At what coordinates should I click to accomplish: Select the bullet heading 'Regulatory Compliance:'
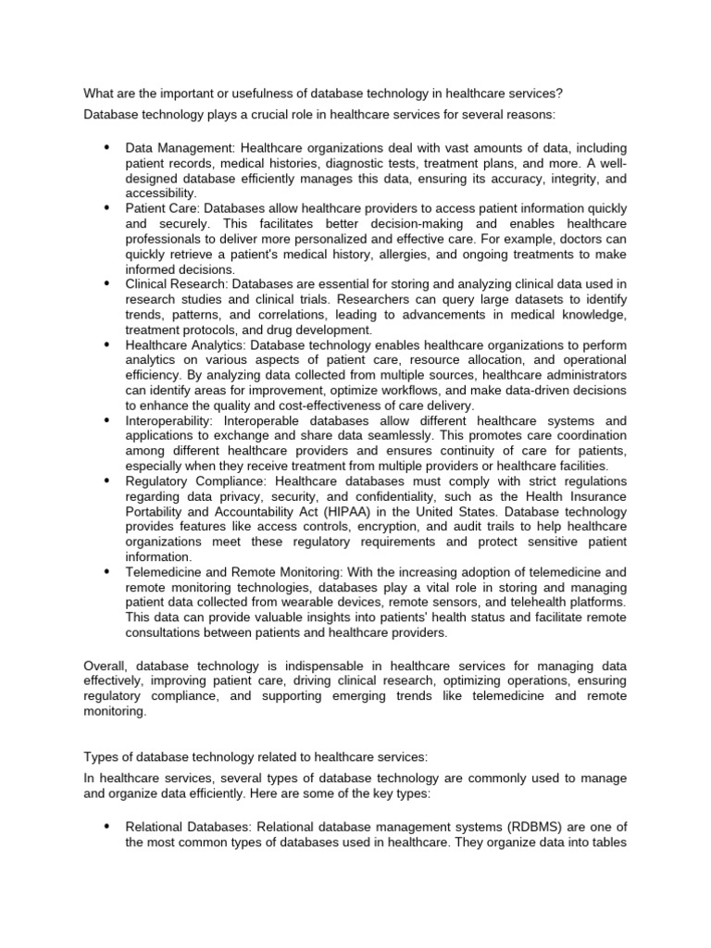pyautogui.click(x=192, y=482)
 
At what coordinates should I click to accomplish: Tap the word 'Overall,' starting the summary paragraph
pyautogui.click(x=106, y=666)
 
